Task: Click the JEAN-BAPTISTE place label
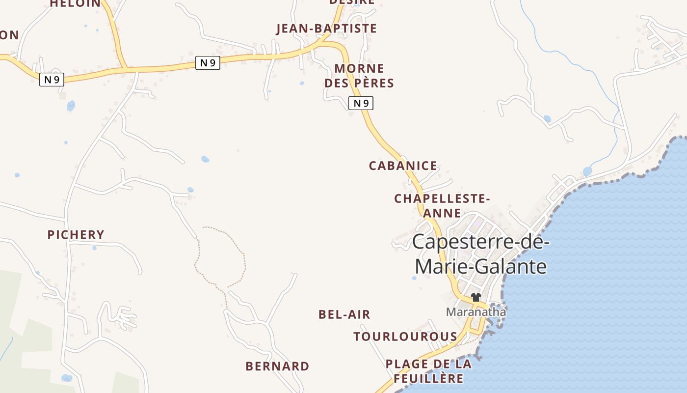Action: pos(327,28)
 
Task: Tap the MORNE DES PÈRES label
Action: pos(359,76)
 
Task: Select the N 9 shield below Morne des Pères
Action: pos(361,103)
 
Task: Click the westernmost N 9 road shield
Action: pos(52,80)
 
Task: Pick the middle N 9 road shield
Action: pos(208,62)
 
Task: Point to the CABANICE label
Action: pos(403,166)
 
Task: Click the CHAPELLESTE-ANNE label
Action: pos(442,206)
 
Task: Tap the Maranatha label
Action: pos(476,311)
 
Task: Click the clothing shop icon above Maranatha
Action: pos(476,297)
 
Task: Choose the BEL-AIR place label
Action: pos(344,314)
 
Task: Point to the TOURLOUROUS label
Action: pos(405,337)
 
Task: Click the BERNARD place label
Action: pos(277,366)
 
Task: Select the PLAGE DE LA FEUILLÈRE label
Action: pos(428,371)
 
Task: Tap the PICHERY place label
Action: pos(76,235)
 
